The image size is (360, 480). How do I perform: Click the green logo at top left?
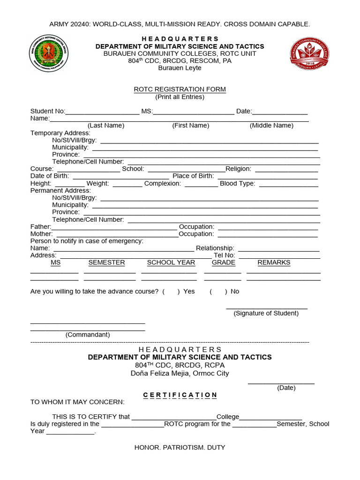(49, 53)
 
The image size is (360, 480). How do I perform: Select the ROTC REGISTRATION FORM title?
(180, 89)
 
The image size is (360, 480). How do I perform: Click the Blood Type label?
(237, 183)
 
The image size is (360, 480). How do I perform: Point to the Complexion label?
(162, 183)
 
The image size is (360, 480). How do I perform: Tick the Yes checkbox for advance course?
(171, 291)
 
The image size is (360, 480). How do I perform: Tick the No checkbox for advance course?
(218, 291)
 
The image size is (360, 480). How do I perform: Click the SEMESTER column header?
(106, 262)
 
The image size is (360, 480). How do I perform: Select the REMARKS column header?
(274, 262)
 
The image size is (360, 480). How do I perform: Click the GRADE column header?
(223, 262)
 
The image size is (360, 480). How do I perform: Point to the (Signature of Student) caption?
(266, 313)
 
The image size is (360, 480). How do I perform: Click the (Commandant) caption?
(88, 335)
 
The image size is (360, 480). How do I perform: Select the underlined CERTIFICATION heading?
(180, 395)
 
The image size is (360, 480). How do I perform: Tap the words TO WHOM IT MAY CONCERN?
(77, 402)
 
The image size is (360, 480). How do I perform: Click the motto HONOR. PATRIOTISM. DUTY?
(180, 447)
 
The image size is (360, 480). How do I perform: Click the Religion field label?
(238, 169)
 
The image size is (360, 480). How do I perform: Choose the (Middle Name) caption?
(271, 125)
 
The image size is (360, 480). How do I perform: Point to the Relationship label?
(215, 248)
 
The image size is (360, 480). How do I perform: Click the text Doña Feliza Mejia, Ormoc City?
(180, 374)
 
